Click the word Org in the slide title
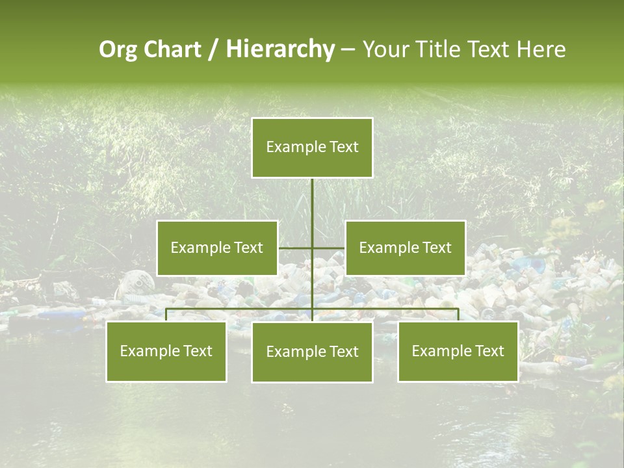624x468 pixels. (118, 49)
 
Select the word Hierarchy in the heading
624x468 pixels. (280, 49)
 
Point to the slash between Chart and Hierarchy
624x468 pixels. (214, 50)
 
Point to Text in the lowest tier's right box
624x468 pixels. (489, 351)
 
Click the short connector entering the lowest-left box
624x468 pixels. (166, 315)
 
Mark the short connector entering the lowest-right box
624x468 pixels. (458, 315)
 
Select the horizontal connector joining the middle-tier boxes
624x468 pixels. (312, 248)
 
